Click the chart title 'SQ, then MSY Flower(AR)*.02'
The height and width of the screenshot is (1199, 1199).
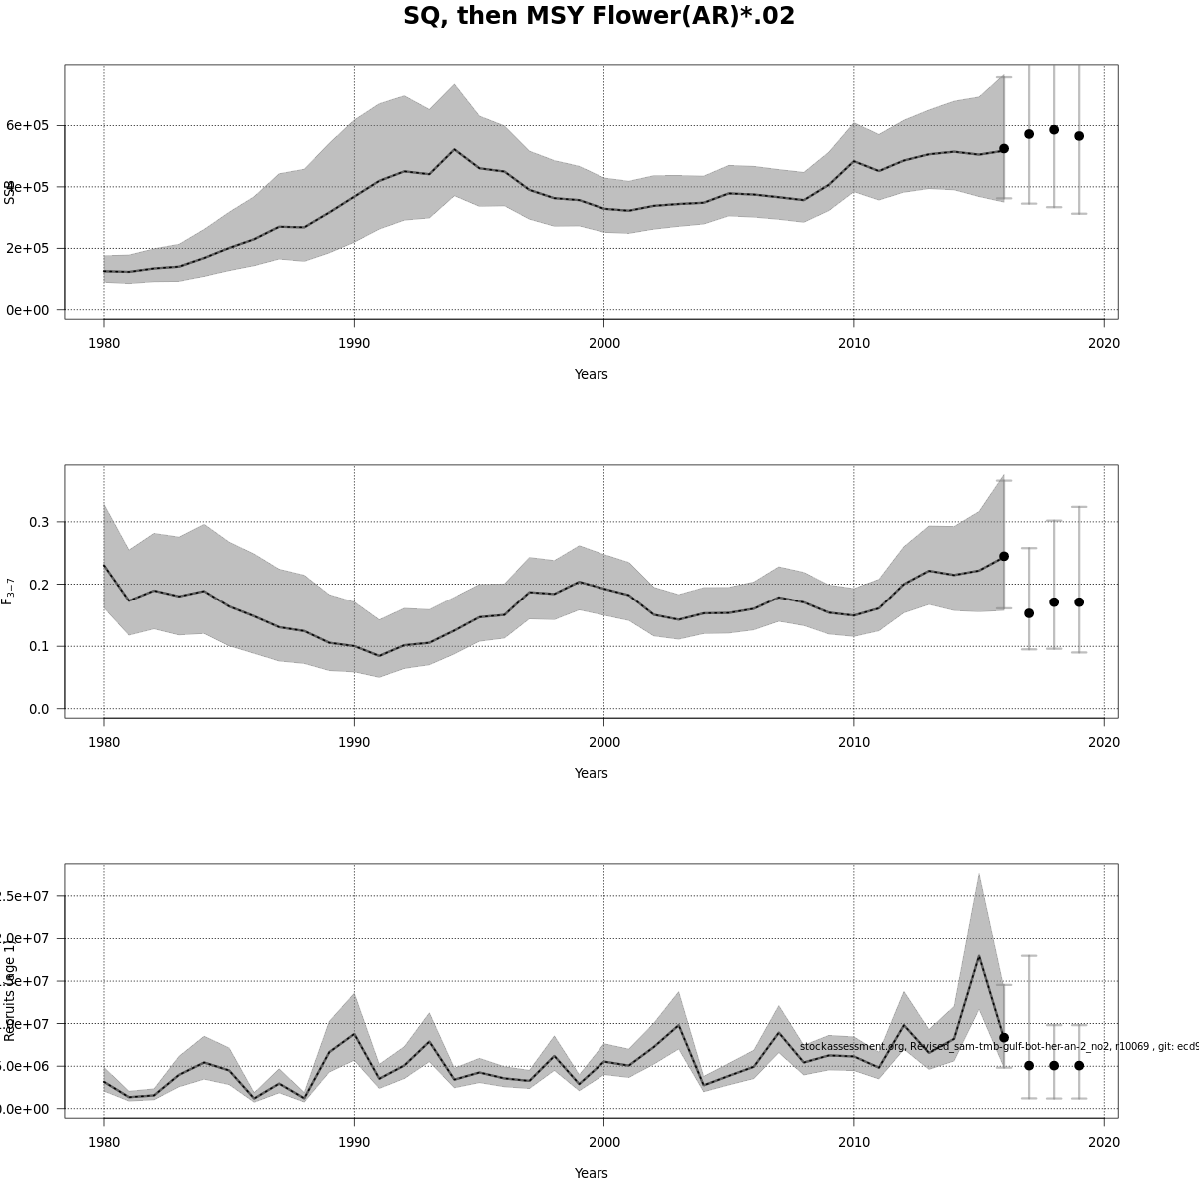(599, 17)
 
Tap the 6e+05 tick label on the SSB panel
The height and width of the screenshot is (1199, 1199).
(28, 125)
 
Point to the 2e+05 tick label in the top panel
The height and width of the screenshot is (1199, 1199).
(28, 248)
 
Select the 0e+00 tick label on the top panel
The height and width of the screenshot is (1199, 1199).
(28, 310)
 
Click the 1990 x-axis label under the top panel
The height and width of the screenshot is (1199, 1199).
(354, 343)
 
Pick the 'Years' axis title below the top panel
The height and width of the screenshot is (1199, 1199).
(591, 374)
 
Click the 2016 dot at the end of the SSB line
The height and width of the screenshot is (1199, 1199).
(1004, 148)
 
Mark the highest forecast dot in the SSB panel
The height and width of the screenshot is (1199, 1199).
(1054, 130)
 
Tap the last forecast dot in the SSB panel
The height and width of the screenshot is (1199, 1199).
(1079, 136)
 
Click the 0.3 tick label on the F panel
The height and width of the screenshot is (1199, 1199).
(40, 522)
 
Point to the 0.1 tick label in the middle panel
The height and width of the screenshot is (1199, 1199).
(40, 646)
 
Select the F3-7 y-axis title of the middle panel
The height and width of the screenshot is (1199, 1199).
(8, 591)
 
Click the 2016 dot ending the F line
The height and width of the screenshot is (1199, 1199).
(1004, 556)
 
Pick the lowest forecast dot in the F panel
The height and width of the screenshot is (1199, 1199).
(1029, 613)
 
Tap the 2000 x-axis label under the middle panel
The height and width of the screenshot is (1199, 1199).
(603, 742)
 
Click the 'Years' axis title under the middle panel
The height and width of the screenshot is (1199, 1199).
(591, 773)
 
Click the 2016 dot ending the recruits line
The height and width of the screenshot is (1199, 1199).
(1004, 1038)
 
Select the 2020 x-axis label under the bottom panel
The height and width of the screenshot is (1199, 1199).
(1104, 1142)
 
